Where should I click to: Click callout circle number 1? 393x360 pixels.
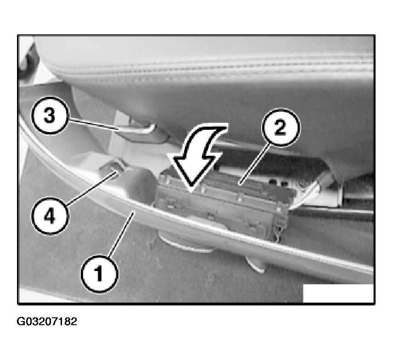(99, 274)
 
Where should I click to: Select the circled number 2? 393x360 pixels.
(281, 127)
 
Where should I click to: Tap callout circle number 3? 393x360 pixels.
(50, 116)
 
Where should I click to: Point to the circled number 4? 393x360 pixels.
(50, 216)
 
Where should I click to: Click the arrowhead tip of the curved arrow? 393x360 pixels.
(191, 193)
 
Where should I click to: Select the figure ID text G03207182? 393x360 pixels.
(47, 321)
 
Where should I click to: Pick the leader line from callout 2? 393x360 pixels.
(254, 165)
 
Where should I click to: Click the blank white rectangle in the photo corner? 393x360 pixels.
(338, 293)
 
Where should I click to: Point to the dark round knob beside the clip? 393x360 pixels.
(141, 185)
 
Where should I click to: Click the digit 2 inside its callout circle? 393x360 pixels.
(281, 127)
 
